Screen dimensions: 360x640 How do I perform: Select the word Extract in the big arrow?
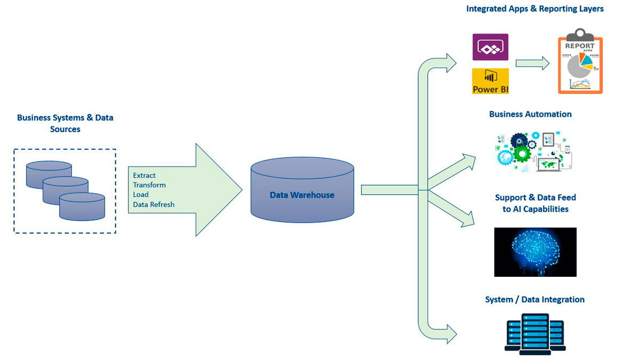point(144,175)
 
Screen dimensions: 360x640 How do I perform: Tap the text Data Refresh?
point(154,204)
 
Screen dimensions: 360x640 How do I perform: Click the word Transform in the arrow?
point(149,185)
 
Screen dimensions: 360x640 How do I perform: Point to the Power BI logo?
point(490,81)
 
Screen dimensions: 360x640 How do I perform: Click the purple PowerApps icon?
point(490,47)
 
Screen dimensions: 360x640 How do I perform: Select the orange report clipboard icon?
point(580,64)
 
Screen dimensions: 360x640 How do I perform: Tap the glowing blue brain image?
point(535,252)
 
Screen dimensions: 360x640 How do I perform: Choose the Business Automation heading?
point(530,114)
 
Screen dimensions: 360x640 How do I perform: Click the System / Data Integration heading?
point(534,300)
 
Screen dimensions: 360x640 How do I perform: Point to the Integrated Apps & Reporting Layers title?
point(534,9)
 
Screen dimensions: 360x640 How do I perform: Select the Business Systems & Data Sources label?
point(65,123)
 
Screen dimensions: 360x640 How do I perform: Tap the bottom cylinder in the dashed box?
point(82,206)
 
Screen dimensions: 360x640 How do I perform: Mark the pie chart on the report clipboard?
point(579,65)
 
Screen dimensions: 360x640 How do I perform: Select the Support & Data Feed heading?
point(535,203)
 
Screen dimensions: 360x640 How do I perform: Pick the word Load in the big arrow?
point(141,195)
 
